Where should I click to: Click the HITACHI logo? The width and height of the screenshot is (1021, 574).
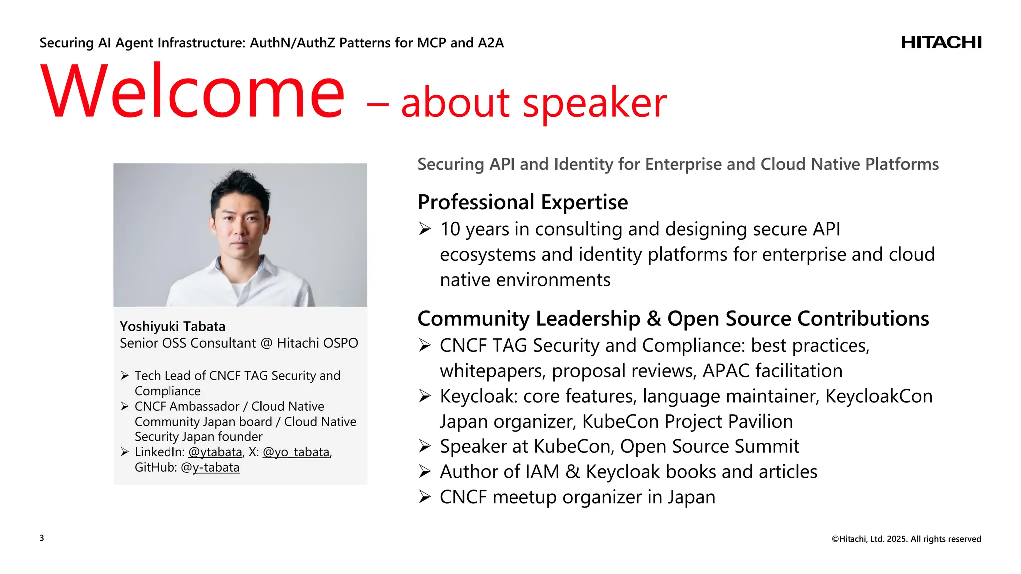click(x=941, y=43)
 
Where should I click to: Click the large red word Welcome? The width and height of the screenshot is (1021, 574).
click(x=193, y=92)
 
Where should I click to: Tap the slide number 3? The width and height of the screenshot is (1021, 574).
click(x=42, y=538)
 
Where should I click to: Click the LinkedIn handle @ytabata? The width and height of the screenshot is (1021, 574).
click(x=215, y=452)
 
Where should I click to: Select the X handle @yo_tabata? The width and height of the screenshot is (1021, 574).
click(x=296, y=452)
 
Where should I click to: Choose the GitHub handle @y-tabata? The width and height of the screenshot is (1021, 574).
click(x=210, y=468)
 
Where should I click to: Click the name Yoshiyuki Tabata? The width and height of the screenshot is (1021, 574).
click(x=172, y=327)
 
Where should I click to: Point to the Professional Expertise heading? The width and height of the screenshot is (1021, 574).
click(x=522, y=202)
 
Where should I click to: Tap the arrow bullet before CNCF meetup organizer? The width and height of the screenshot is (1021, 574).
click(x=425, y=497)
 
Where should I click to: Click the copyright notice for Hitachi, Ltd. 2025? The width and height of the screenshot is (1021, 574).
click(x=906, y=539)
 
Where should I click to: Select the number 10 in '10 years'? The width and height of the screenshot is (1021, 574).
click(x=450, y=229)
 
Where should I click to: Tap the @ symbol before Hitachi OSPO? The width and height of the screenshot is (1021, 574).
click(x=266, y=343)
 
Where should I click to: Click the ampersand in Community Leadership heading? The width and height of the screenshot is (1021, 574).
click(x=654, y=319)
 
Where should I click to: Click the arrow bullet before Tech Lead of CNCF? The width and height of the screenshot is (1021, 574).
click(x=125, y=376)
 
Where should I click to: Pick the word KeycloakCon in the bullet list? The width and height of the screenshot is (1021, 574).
click(x=878, y=396)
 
